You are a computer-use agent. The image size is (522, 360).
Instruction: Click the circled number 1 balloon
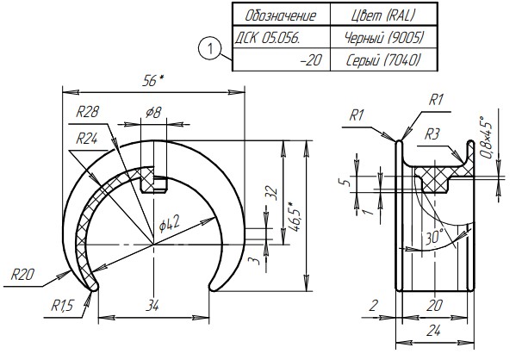(209, 48)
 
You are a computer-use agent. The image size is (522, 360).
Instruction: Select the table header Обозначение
(280, 16)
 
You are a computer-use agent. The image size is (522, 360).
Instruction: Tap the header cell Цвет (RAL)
(383, 16)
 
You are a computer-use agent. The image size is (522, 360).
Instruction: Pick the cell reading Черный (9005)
(383, 38)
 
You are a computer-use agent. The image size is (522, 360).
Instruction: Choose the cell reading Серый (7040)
(383, 60)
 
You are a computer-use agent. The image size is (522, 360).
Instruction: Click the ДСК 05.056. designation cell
(267, 39)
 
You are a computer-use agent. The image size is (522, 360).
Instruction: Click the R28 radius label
(87, 113)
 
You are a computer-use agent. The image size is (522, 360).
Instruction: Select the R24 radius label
(87, 139)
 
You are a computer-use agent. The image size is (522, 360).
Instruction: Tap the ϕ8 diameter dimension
(153, 113)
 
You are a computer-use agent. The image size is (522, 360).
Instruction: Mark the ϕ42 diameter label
(169, 223)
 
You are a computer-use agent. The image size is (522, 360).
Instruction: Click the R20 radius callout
(22, 275)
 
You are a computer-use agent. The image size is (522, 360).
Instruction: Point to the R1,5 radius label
(62, 306)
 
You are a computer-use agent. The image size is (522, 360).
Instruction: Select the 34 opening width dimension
(152, 306)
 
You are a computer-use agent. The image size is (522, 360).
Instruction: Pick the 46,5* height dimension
(295, 216)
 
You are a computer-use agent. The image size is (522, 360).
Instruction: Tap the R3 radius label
(432, 134)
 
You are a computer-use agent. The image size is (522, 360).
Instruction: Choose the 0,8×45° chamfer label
(486, 137)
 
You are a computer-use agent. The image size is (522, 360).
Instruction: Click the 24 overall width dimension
(433, 331)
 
